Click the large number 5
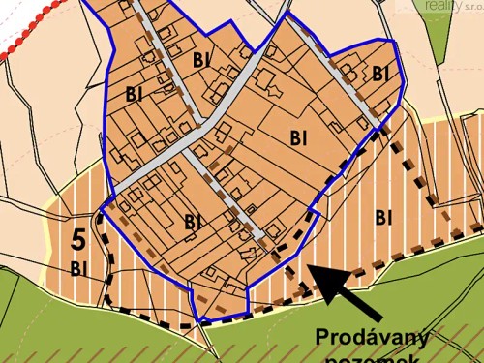(x=78, y=238)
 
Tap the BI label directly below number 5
(x=78, y=267)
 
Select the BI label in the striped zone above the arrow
(x=383, y=215)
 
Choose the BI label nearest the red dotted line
(x=134, y=94)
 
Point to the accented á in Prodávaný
(x=378, y=337)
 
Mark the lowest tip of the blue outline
(x=201, y=322)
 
